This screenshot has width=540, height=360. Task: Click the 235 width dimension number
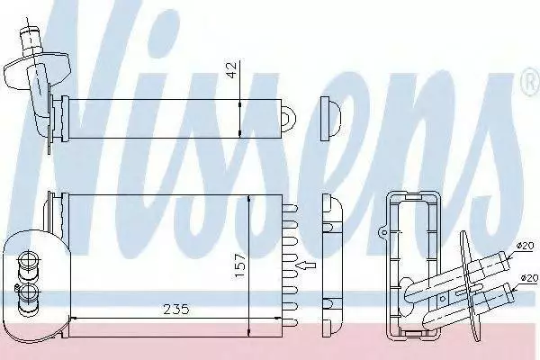(x=176, y=310)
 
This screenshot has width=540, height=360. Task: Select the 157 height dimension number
(x=240, y=266)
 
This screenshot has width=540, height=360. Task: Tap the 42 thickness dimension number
(x=233, y=70)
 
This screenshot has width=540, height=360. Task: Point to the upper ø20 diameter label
(x=525, y=246)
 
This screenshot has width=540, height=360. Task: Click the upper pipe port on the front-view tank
(x=27, y=264)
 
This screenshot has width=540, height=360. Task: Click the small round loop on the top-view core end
(x=289, y=118)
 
